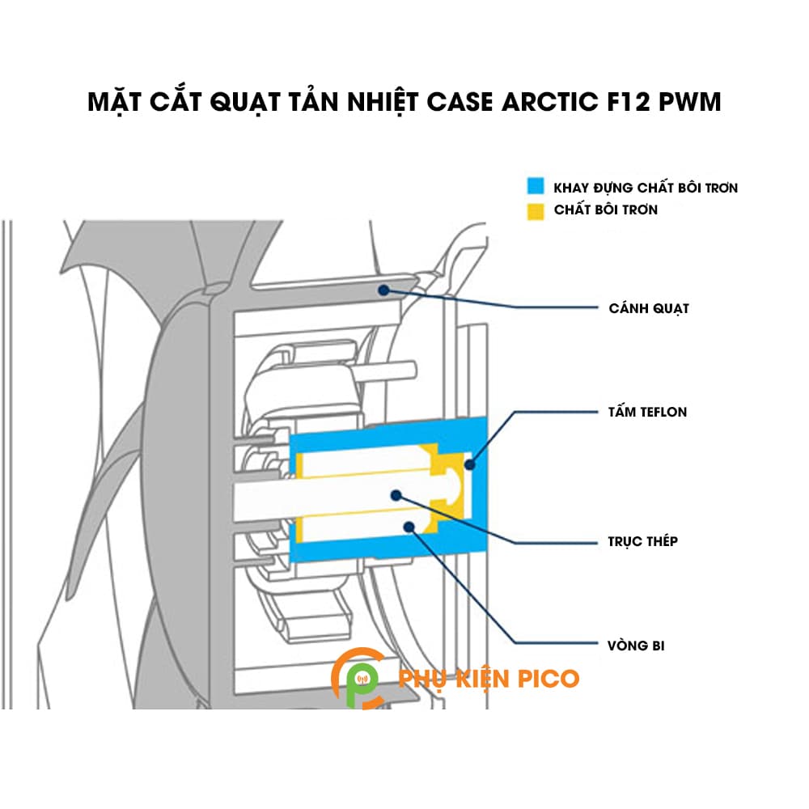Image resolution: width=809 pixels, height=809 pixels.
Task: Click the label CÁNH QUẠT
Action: [648, 308]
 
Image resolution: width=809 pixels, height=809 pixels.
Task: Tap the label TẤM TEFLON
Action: [647, 412]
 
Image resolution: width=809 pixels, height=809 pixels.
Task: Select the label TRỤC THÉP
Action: [643, 541]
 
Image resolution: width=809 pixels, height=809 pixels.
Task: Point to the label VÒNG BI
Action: [637, 646]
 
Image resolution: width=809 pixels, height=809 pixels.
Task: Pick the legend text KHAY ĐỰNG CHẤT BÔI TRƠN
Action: [646, 188]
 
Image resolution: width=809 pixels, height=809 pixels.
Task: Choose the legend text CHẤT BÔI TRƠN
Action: [606, 210]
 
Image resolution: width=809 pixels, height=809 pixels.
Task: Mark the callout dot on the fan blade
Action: [383, 288]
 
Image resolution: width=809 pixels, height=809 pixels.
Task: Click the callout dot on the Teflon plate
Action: [470, 464]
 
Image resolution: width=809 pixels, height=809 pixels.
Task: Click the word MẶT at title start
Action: [117, 103]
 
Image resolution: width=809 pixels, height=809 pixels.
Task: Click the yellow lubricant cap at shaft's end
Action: [447, 485]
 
